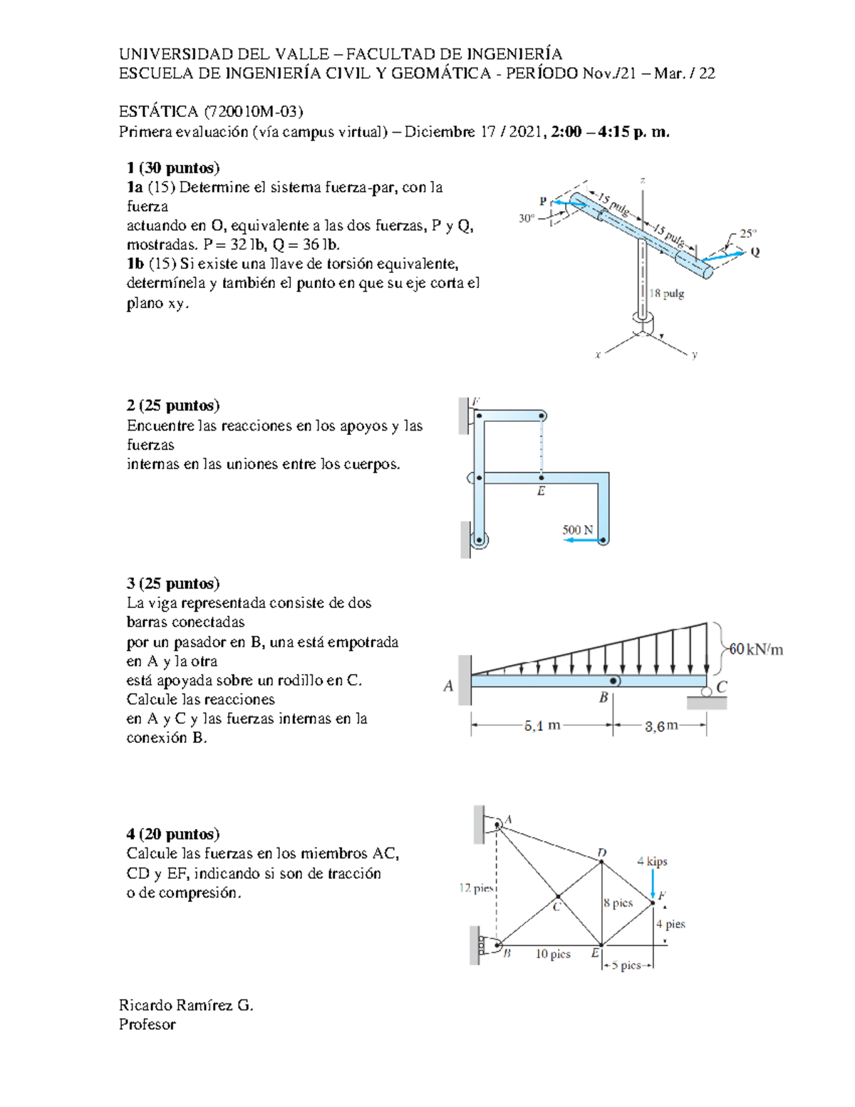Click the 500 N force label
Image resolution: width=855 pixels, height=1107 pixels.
click(x=577, y=530)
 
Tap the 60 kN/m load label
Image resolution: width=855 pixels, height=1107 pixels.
click(x=755, y=649)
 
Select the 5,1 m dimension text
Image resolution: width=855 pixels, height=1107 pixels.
click(x=542, y=726)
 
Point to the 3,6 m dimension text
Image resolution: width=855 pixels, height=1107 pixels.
click(x=661, y=726)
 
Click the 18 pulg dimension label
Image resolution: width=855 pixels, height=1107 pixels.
click(x=667, y=294)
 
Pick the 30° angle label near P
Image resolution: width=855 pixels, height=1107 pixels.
click(x=527, y=218)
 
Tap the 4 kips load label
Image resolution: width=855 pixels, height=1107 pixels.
click(x=652, y=861)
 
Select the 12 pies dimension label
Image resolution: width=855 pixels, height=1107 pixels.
click(x=476, y=887)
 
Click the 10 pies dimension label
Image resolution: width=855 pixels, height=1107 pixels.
click(x=553, y=954)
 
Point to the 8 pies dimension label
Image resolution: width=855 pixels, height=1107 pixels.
click(x=618, y=902)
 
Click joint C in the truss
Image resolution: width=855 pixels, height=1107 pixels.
click(x=558, y=896)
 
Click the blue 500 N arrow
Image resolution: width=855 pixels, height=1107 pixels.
click(x=581, y=541)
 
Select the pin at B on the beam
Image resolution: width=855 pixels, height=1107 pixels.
click(x=613, y=681)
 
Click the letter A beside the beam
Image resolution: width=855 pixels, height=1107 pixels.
click(x=448, y=686)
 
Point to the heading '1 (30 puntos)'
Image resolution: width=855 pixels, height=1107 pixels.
click(x=173, y=168)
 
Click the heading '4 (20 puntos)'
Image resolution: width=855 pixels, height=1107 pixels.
click(x=173, y=834)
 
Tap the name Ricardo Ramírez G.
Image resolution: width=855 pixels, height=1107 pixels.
click(x=186, y=1005)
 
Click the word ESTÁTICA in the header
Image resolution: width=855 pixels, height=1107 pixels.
click(x=158, y=111)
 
